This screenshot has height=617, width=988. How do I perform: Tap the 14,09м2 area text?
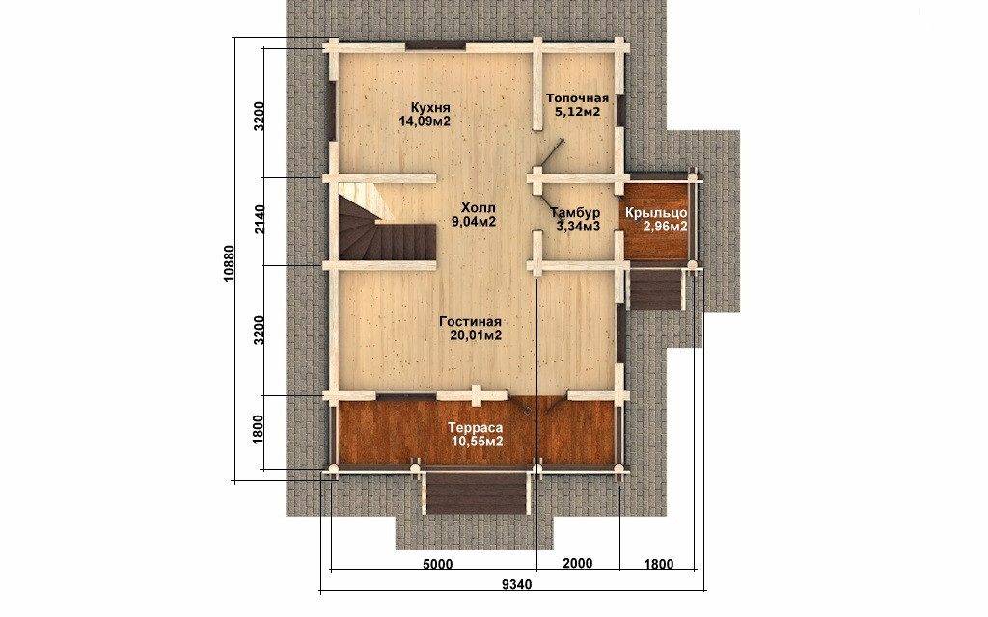coord(425,121)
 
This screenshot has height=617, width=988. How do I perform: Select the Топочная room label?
coord(577,98)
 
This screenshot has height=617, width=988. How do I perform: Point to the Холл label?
coord(479,207)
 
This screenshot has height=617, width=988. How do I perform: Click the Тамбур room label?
coord(575,212)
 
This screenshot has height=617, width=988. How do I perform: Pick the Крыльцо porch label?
coord(656,213)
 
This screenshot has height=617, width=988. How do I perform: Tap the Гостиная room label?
coord(470,322)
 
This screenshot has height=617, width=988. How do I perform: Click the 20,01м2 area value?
coord(476,335)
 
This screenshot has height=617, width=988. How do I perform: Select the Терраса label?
coord(475,428)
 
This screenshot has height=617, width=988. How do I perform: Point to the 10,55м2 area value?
coord(477,442)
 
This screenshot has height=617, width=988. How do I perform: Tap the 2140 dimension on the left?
coord(259,219)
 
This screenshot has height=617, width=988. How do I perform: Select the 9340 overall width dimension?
coord(517,585)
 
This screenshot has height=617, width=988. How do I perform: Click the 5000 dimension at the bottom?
coord(437,564)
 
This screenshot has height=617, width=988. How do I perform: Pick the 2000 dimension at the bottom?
coord(577,563)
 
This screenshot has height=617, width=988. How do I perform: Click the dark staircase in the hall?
coord(386,231)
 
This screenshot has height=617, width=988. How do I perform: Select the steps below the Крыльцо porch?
coord(657,289)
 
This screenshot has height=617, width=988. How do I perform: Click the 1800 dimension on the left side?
coord(259,429)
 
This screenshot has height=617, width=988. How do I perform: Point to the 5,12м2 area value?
coord(577,112)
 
